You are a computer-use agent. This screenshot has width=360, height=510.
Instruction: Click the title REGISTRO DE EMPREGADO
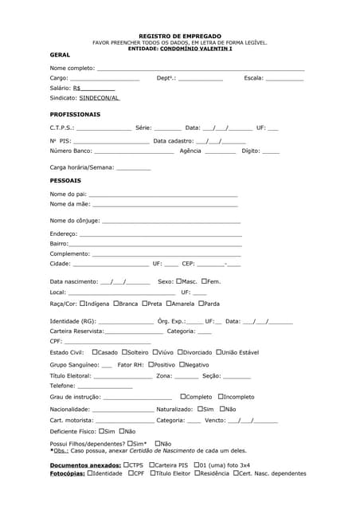(x=179, y=36)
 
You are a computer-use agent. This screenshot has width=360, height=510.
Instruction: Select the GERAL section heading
(x=60, y=55)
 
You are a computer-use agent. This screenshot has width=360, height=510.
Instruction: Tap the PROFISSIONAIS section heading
(x=75, y=114)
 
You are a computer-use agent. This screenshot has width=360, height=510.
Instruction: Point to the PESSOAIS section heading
(x=65, y=180)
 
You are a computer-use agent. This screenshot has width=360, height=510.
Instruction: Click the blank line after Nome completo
(x=199, y=69)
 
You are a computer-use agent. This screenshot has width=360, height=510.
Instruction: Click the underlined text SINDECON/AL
(x=100, y=98)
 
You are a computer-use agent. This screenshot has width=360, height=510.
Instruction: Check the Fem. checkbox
(x=205, y=280)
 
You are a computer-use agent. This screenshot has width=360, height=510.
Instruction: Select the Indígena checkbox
(x=82, y=303)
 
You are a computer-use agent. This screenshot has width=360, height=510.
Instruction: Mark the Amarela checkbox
(x=169, y=303)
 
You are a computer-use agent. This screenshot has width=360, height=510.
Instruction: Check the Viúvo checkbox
(x=155, y=351)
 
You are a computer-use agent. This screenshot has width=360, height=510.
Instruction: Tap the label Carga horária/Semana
(x=82, y=167)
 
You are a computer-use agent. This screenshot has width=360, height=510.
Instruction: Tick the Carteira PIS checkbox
(x=151, y=464)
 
